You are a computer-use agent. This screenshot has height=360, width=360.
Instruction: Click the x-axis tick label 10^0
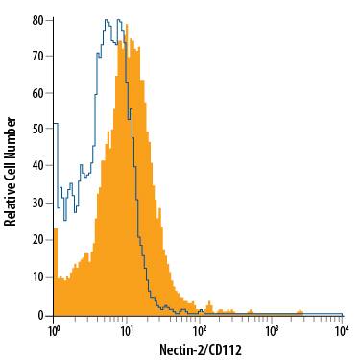point(54,328)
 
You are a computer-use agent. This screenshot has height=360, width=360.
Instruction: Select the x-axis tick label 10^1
point(126,328)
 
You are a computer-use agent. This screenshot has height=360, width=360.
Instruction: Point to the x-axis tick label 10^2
point(199,328)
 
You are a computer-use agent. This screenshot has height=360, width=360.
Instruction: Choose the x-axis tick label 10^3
point(271,328)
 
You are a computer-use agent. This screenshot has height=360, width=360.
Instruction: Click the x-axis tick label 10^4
point(341,328)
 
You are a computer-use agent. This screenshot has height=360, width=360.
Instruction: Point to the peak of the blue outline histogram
point(108,19)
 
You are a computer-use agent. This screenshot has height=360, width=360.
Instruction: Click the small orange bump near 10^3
point(300,311)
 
